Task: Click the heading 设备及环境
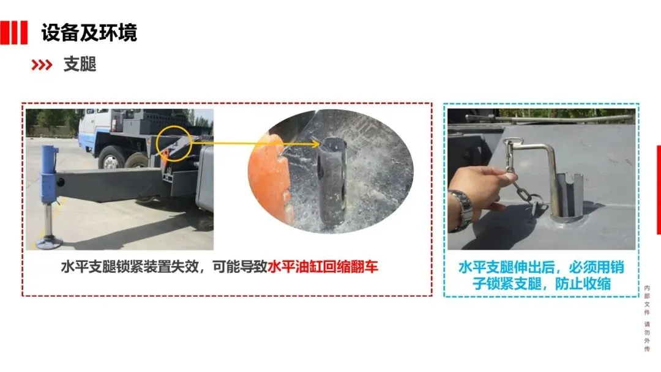[89, 32]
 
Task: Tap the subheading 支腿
[80, 64]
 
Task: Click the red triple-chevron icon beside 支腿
[42, 65]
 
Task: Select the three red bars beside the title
[13, 32]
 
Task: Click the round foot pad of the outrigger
[50, 242]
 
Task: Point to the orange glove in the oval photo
[270, 177]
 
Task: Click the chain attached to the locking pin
[521, 185]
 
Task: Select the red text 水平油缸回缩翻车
[323, 267]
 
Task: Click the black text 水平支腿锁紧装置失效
[129, 267]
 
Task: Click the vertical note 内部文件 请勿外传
[647, 318]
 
